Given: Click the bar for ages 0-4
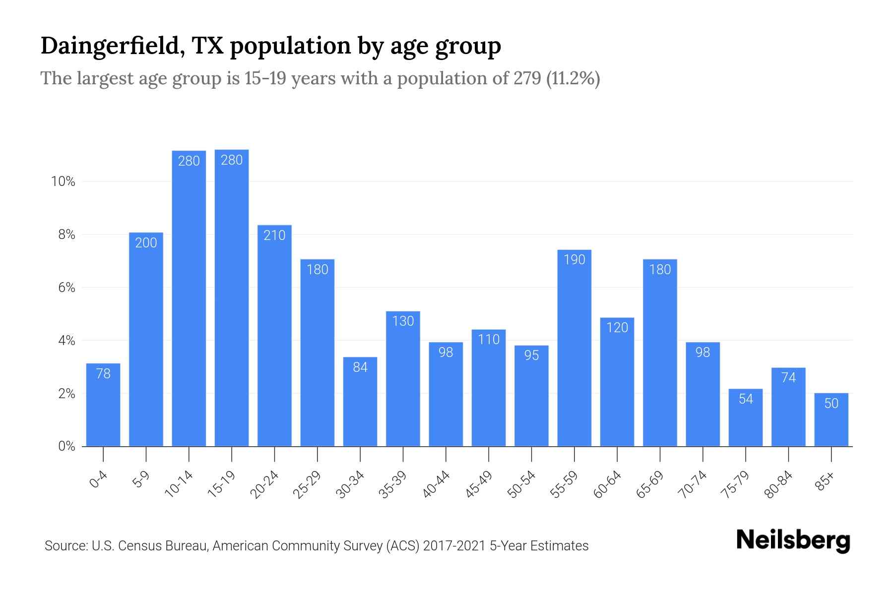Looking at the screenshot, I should tap(103, 405).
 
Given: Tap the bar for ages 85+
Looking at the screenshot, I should tap(831, 420).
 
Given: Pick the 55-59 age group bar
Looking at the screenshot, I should tap(574, 348).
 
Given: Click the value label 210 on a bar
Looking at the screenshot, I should tap(274, 235).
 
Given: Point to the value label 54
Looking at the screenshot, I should tap(746, 399).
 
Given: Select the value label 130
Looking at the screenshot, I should tap(403, 321).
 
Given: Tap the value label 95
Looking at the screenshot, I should tap(531, 356).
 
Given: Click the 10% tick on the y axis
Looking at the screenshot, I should tap(63, 181).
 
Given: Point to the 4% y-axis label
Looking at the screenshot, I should tap(66, 341).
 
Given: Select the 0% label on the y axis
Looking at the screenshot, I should tap(66, 446).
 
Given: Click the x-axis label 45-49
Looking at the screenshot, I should tap(479, 484).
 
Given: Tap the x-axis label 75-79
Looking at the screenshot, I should tap(736, 484).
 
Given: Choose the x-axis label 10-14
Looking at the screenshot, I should tap(179, 484).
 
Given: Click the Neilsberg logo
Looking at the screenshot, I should tap(793, 540).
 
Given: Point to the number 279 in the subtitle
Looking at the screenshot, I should tap(527, 78).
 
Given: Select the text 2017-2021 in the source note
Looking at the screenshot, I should tap(454, 546).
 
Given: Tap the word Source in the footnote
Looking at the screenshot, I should tap(64, 546).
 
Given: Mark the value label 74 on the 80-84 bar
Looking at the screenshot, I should tap(788, 378).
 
